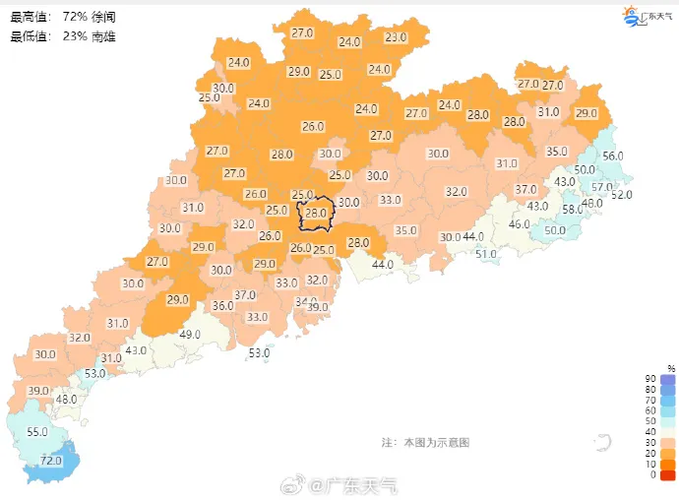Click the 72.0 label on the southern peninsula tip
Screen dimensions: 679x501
(x=50, y=461)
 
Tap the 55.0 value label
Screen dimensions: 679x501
(x=37, y=432)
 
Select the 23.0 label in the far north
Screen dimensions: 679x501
(x=396, y=37)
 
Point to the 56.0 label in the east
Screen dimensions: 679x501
(x=613, y=157)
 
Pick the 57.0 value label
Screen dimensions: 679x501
(x=602, y=187)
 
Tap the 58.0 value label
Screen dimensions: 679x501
(x=572, y=209)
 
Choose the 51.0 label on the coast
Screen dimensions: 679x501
(x=486, y=254)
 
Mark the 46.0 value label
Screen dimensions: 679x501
(x=519, y=224)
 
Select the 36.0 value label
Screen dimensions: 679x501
(x=223, y=306)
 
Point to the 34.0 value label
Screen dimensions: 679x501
(x=306, y=302)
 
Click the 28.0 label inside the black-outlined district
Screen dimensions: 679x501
(x=316, y=213)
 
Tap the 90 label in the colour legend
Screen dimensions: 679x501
(x=650, y=379)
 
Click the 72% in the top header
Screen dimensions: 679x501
(x=74, y=17)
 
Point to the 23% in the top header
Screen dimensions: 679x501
(x=74, y=36)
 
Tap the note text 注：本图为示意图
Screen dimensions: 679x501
(x=425, y=443)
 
